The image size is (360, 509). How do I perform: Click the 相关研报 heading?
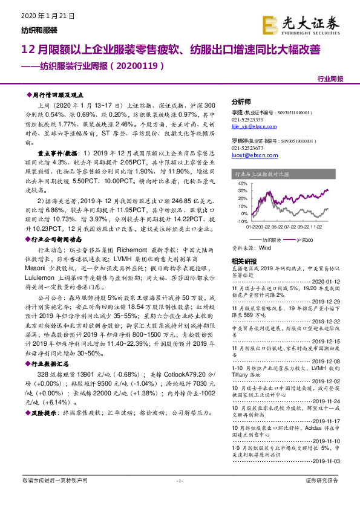pyautogui.click(x=244, y=261)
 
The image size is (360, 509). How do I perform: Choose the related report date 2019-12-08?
pyautogui.click(x=327, y=360)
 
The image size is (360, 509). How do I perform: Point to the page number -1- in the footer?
pyautogui.click(x=179, y=497)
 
